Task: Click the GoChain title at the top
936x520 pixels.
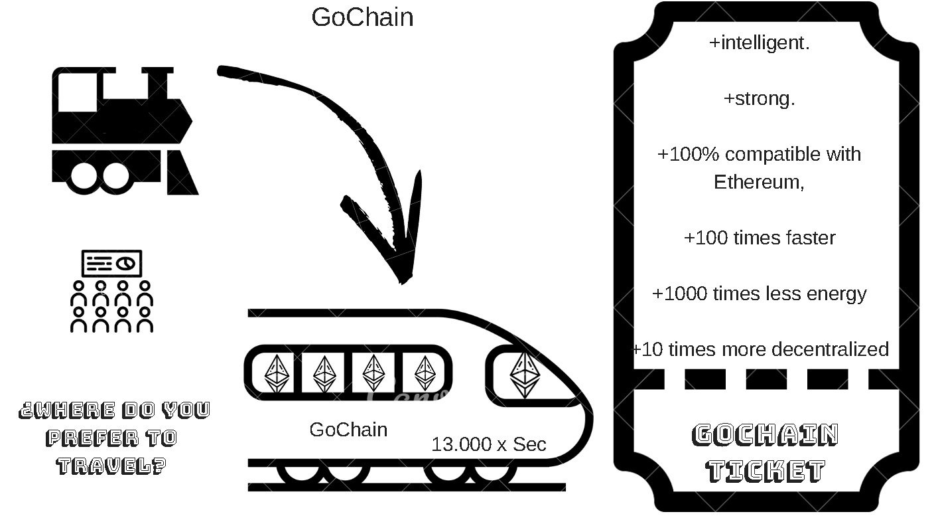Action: tap(362, 17)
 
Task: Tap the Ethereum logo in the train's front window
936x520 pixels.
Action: tap(525, 375)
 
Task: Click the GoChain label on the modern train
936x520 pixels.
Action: tap(348, 430)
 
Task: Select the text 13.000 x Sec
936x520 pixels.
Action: tap(489, 444)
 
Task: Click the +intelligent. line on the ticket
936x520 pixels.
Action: tap(760, 43)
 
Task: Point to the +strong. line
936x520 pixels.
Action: tap(760, 99)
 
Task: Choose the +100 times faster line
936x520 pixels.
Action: tap(760, 237)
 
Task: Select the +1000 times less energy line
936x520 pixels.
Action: tap(760, 293)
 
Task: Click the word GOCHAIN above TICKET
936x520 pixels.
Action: tap(766, 435)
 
